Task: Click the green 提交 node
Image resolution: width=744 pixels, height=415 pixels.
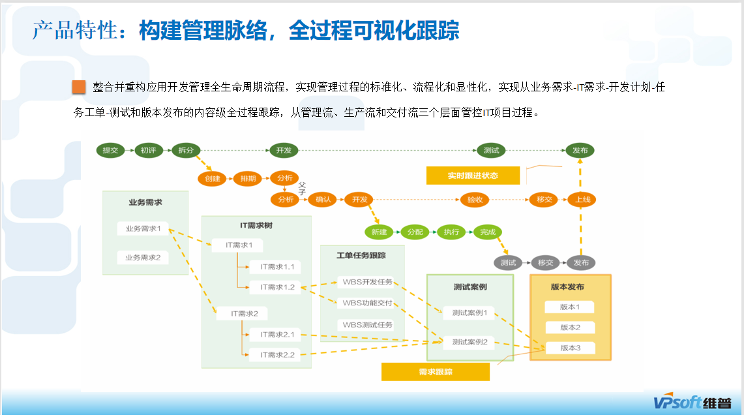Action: point(110,150)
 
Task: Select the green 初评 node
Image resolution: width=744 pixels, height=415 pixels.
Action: point(148,150)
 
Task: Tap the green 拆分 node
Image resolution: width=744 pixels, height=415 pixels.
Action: point(186,150)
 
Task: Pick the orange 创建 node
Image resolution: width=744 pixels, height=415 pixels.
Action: point(213,179)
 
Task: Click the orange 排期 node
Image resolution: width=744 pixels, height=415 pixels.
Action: point(248,179)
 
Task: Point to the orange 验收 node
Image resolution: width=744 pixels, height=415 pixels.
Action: point(475,200)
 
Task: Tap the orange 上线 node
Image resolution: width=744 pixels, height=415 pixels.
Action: point(582,200)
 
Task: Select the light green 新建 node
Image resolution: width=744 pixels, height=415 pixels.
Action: point(379,232)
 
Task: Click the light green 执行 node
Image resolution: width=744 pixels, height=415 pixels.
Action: point(451,232)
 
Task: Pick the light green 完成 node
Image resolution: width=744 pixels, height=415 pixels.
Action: point(487,232)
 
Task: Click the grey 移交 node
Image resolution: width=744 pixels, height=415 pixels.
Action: point(545,263)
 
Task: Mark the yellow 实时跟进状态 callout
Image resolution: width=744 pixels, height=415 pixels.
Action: point(473,176)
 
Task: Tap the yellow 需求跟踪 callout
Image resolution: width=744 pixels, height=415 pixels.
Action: point(436,372)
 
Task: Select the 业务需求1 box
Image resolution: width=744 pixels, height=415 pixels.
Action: point(143,228)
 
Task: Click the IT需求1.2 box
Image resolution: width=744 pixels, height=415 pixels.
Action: point(277,287)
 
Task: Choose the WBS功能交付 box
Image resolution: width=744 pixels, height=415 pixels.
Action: point(367,303)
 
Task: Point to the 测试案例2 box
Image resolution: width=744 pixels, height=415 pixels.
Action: point(469,341)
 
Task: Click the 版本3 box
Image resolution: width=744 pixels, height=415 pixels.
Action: point(570,348)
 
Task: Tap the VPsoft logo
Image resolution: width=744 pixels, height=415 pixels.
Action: point(692,403)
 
